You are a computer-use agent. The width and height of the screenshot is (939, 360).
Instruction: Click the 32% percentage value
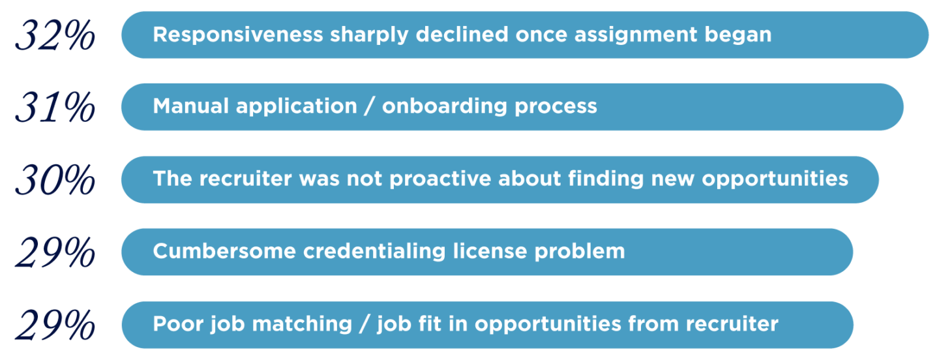pos(55,36)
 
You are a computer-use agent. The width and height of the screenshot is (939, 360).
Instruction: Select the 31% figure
pos(55,108)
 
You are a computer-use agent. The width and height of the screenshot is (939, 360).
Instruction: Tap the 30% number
pos(55,180)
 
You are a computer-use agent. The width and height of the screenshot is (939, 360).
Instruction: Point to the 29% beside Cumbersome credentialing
pos(55,252)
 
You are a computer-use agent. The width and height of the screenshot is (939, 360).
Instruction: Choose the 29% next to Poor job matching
pos(55,325)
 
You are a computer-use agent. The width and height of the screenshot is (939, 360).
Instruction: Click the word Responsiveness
pos(238,35)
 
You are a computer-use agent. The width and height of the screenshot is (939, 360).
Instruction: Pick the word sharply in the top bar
pos(369,35)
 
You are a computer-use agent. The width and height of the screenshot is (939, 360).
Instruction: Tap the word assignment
pos(636,35)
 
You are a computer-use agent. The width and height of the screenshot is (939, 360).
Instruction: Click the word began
pos(738,35)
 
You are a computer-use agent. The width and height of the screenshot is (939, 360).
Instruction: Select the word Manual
pos(190,106)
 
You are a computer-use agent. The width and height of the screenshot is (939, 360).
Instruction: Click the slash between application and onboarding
pos(369,106)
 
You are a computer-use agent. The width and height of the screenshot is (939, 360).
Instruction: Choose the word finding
pos(606,179)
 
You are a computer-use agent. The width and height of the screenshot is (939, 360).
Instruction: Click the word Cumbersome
pos(224,252)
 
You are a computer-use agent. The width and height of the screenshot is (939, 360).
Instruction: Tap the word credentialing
pos(374,252)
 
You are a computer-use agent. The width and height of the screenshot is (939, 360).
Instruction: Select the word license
pos(490,252)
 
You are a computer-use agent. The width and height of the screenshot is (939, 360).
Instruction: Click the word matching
pos(302,324)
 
